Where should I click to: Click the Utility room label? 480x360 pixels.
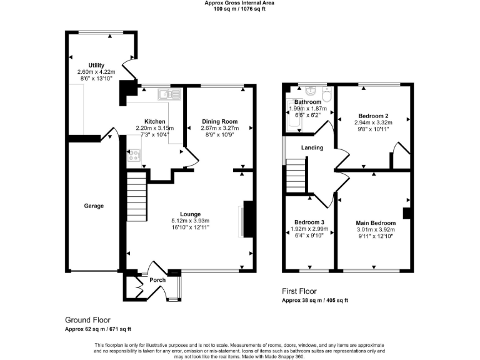click(x=96, y=65)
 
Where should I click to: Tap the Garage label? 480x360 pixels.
click(x=94, y=206)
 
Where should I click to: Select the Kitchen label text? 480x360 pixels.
click(x=155, y=121)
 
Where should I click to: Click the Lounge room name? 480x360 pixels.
click(x=190, y=213)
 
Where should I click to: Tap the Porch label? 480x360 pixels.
click(x=157, y=280)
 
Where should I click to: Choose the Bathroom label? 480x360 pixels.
click(x=307, y=102)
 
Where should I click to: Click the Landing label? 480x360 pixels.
click(x=312, y=147)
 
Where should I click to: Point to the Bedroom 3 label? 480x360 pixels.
click(x=309, y=222)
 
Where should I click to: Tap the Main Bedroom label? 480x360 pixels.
click(x=376, y=223)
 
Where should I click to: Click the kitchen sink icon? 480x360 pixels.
click(x=169, y=94)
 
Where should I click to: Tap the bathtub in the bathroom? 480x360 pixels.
click(x=292, y=116)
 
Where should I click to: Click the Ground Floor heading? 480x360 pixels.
click(x=87, y=319)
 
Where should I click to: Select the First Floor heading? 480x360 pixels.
click(x=299, y=291)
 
